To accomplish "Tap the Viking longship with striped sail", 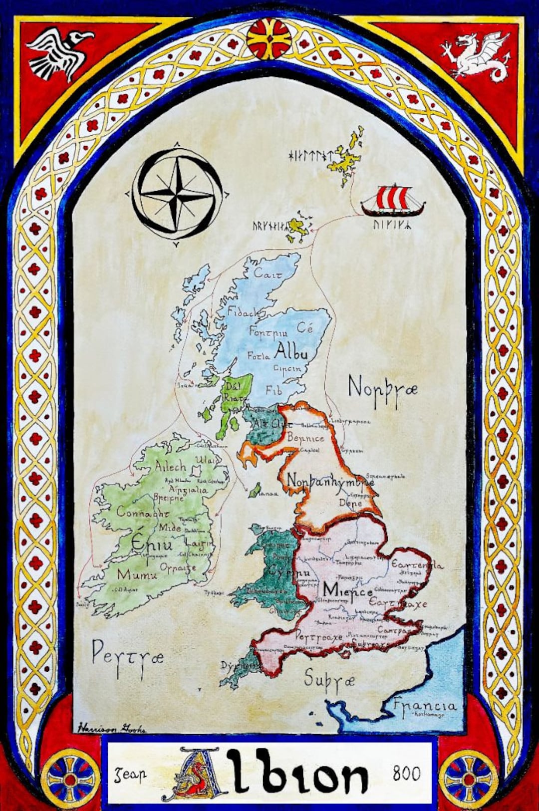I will (x=393, y=200).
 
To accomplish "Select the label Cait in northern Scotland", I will (x=268, y=273).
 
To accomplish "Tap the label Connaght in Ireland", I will (x=143, y=512).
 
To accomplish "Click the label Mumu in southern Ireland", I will (x=137, y=574).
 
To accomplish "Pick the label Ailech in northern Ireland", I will (x=170, y=467).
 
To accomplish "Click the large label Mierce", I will (x=347, y=590).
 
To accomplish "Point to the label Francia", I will (x=424, y=706).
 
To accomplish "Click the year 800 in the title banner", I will (x=406, y=773).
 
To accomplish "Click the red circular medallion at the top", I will (x=269, y=38).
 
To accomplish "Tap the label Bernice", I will (x=305, y=439).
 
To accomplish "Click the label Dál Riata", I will (x=234, y=392).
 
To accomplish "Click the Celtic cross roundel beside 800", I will (x=468, y=779).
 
